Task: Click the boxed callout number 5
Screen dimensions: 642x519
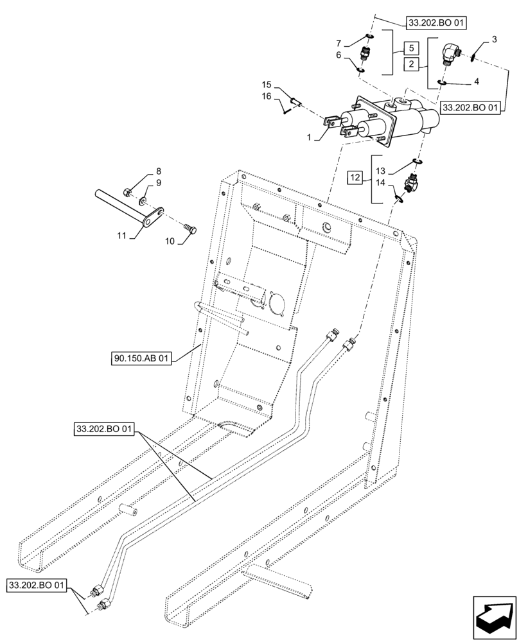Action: point(410,48)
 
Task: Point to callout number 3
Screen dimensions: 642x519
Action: point(494,40)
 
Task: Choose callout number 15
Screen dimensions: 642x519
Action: point(267,85)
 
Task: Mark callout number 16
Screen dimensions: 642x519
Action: point(267,96)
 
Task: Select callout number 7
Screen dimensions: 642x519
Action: point(339,43)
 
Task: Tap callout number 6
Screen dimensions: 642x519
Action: point(339,56)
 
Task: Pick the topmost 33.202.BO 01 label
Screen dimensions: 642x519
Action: point(436,23)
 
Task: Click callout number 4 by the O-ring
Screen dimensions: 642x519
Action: point(476,82)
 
